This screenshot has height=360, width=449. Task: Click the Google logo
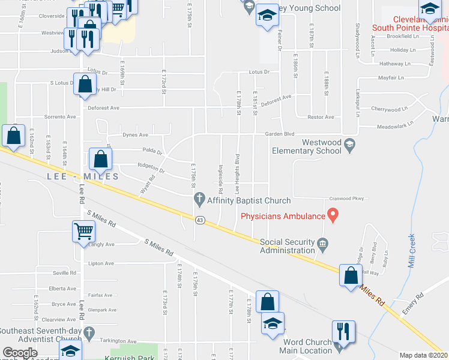20,353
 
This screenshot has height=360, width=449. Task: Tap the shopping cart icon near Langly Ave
83,231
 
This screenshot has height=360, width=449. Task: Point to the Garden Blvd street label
280,134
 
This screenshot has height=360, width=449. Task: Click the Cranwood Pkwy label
347,199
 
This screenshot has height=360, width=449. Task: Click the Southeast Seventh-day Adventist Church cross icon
88,331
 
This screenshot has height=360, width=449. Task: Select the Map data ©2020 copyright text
424,355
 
